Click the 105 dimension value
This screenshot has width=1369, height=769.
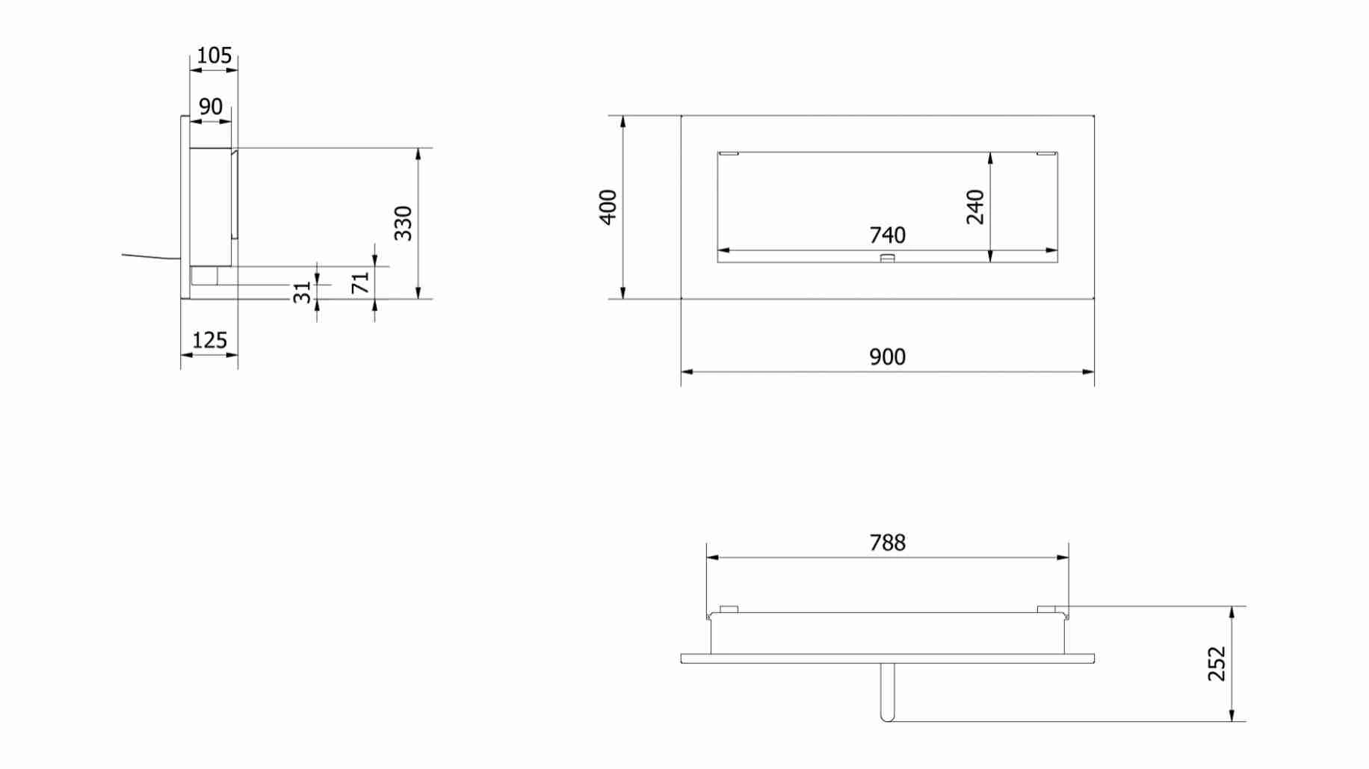(214, 55)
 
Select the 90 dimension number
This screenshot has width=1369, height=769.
(211, 107)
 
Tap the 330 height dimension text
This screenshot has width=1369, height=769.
(404, 223)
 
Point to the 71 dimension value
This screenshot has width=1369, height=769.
(361, 282)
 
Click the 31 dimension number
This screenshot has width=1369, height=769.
(302, 292)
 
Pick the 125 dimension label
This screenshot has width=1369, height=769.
(209, 341)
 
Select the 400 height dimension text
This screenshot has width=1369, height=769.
(608, 207)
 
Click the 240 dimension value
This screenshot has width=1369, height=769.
(975, 207)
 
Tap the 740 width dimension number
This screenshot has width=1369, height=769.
(887, 235)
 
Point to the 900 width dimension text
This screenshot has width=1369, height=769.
(887, 357)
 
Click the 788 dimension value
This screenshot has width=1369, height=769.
(887, 543)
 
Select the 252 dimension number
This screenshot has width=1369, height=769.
(1217, 664)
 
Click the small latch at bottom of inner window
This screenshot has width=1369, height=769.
(888, 259)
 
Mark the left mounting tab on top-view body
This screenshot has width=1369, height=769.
(729, 609)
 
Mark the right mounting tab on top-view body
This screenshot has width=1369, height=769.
(1047, 609)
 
